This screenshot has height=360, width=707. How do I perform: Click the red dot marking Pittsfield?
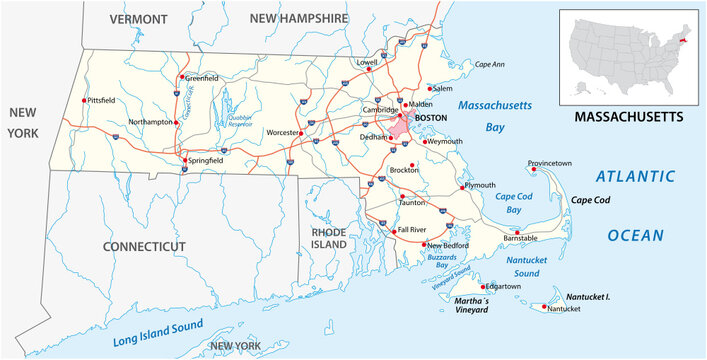click(x=83, y=100)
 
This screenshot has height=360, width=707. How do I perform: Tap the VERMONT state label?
click(x=139, y=19)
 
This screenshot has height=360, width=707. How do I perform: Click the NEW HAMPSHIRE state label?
click(x=298, y=19)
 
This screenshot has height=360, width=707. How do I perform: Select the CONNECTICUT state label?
click(x=144, y=245)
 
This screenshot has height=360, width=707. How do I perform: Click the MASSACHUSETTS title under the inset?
click(x=629, y=117)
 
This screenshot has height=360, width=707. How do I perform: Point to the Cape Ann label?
click(x=489, y=64)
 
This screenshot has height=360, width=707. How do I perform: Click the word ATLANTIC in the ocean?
click(x=636, y=177)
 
